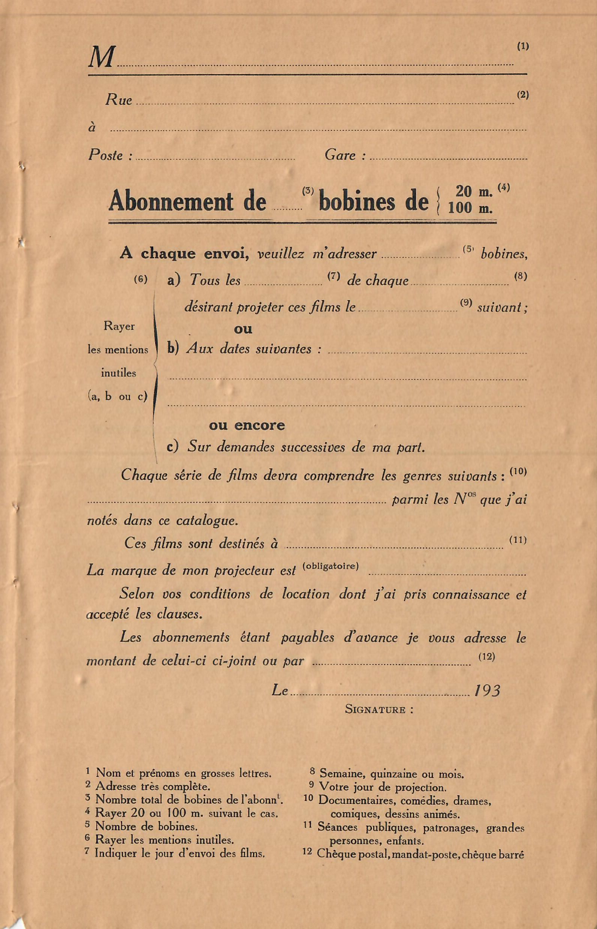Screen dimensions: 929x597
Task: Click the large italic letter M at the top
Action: [102, 58]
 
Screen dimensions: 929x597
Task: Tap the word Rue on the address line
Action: [119, 100]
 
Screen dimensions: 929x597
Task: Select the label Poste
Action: [106, 155]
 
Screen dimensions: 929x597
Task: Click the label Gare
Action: [340, 155]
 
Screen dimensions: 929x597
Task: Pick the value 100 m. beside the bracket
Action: [470, 208]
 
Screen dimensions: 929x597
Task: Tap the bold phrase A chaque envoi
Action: [184, 254]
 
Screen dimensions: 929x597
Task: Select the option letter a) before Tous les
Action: [174, 280]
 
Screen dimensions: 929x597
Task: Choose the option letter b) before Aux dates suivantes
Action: [173, 348]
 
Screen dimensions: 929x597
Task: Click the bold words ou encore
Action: [247, 426]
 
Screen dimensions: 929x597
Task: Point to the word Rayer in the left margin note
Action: [119, 326]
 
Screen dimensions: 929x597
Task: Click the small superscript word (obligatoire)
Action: [331, 566]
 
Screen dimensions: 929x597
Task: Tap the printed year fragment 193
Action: [488, 691]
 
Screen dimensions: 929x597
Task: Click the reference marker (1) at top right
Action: [523, 46]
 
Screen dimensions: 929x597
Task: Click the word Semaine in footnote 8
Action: [343, 774]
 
